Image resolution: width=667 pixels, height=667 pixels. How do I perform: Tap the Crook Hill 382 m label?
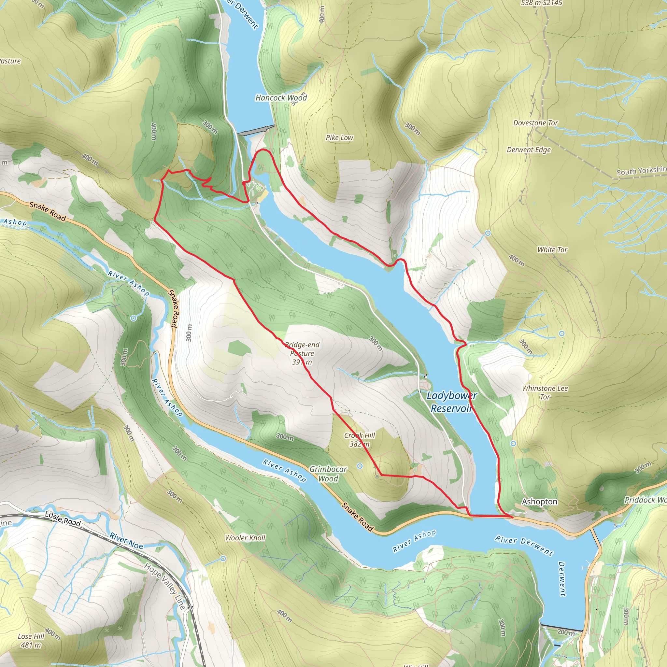tap(360, 440)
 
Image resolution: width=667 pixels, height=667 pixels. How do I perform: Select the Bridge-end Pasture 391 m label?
tap(302, 353)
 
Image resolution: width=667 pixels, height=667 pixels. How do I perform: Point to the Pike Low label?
tap(339, 138)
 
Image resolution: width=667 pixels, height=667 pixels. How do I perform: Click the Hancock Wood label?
tap(281, 98)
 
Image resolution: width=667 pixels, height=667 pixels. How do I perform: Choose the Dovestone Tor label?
tap(535, 123)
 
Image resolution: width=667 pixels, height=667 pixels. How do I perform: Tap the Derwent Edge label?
tap(529, 150)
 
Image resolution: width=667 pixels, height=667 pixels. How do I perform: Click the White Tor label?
tap(552, 249)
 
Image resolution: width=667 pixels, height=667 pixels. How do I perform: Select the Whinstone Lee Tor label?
tap(545, 392)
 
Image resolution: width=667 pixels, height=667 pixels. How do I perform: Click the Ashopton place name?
tap(539, 502)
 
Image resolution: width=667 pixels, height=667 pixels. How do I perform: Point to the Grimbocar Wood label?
tap(328, 474)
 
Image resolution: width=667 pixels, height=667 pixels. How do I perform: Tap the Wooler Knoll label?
tap(245, 537)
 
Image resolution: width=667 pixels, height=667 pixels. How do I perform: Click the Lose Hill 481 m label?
tap(31, 640)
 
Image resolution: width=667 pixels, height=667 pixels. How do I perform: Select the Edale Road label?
tap(63, 519)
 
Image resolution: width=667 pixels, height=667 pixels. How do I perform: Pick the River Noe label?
tap(126, 541)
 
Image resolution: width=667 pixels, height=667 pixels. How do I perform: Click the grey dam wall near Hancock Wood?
tap(256, 131)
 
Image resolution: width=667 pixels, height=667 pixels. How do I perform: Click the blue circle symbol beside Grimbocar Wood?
tap(360, 466)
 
